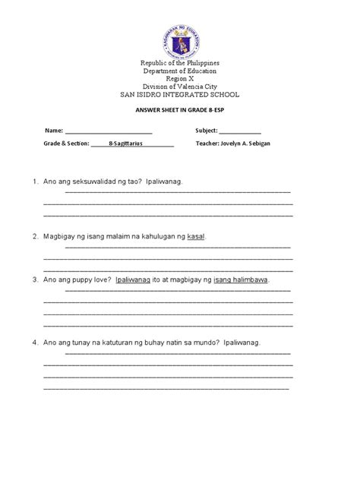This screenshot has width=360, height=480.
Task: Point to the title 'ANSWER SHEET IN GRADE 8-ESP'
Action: (x=180, y=111)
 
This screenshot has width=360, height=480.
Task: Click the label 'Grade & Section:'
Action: (x=67, y=143)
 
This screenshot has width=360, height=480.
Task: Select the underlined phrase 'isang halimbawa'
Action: (x=241, y=279)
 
